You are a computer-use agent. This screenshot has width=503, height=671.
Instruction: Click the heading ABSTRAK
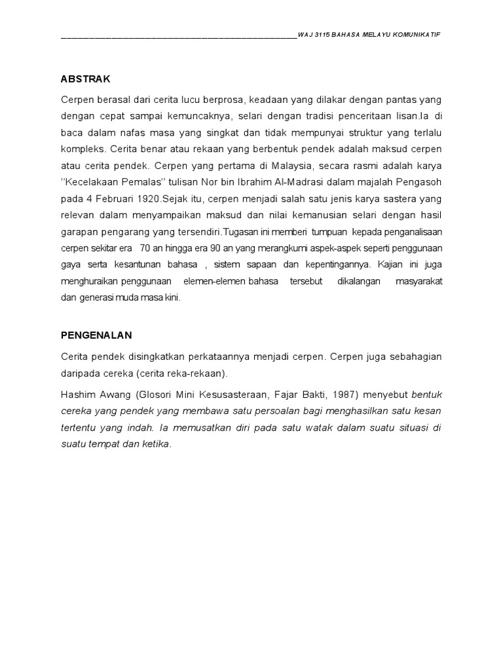point(85,79)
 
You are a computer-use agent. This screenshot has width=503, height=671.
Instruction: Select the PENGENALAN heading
point(96,335)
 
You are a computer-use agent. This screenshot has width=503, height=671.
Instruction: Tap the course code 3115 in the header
point(321,35)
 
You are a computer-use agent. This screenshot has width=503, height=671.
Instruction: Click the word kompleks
point(81,148)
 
